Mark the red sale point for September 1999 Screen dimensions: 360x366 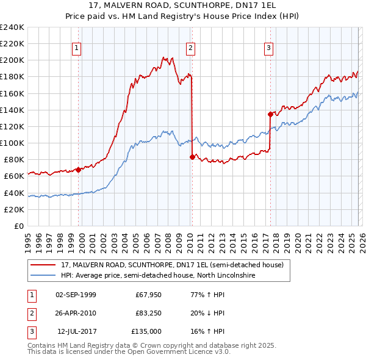coord(78,170)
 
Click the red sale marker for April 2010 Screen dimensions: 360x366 coord(193,157)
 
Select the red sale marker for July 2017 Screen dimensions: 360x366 coord(270,113)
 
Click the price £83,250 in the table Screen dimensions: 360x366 coord(148,313)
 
